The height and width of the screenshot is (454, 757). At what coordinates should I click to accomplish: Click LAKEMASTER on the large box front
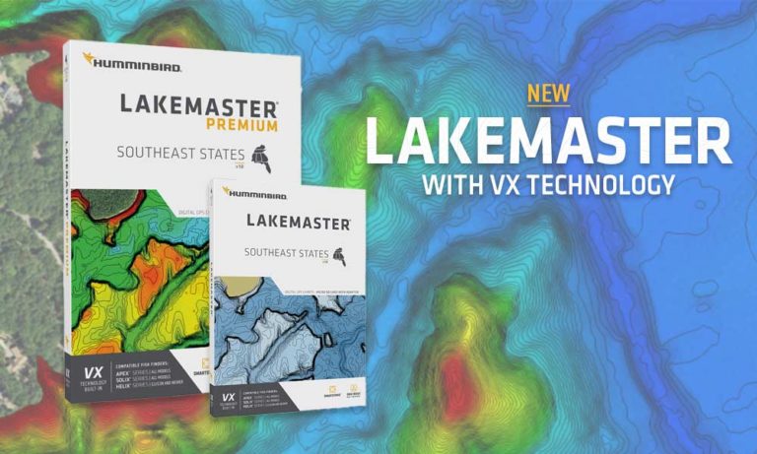click(x=198, y=104)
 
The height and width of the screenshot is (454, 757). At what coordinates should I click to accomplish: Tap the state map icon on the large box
click(x=261, y=155)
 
